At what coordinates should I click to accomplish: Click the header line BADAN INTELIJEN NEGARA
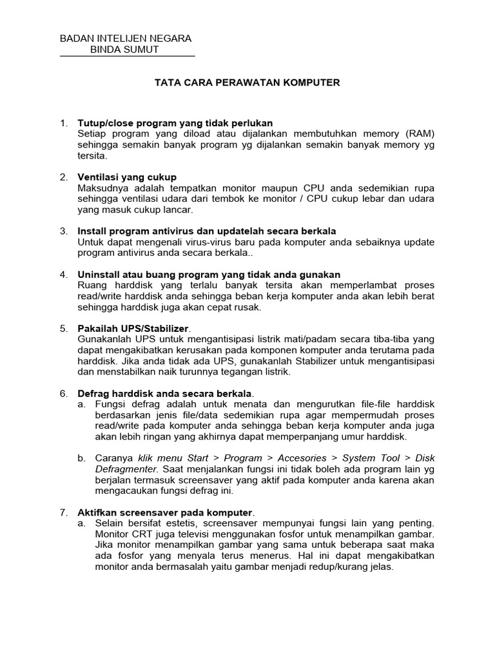point(125,39)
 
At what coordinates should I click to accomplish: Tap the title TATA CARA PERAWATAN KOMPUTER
point(247,83)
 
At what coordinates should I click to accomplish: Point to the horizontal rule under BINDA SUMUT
point(127,57)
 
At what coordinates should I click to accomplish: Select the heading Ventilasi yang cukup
point(127,177)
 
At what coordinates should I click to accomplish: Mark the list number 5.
point(63,328)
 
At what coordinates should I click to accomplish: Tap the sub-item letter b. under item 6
point(82,458)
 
